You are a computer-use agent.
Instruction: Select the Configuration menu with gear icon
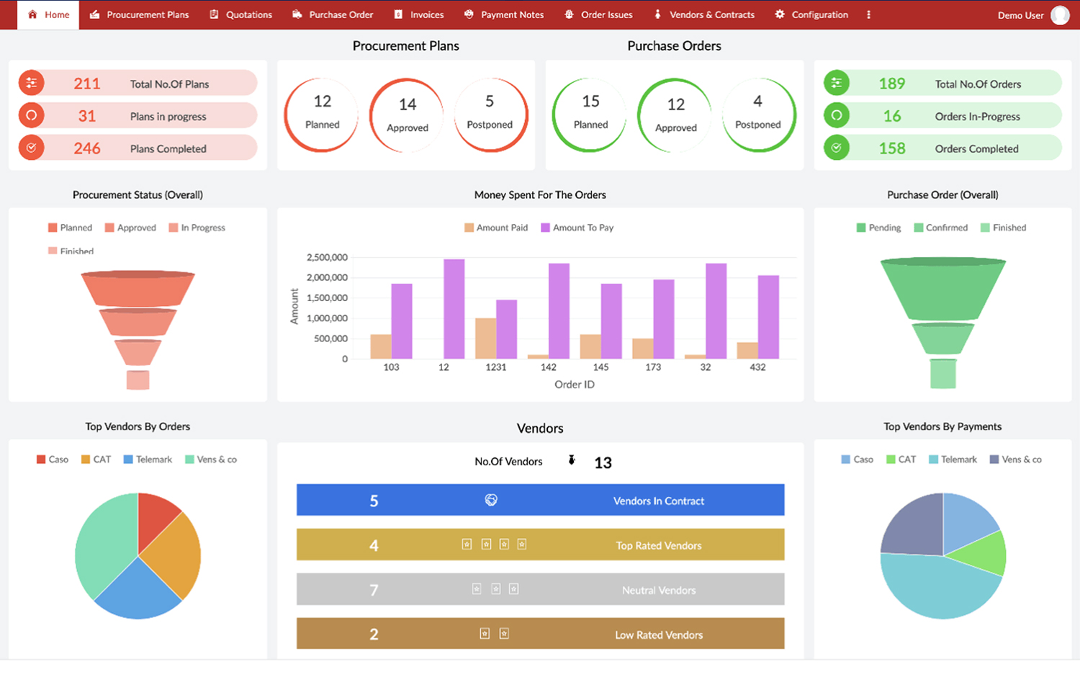[x=811, y=14]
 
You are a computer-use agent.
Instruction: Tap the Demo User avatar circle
[x=1060, y=15]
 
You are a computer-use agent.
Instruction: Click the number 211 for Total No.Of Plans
[x=86, y=84]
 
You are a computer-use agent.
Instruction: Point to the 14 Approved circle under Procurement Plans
[x=407, y=115]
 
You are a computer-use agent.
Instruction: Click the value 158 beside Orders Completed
[x=891, y=148]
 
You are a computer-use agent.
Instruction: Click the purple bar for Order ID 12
[x=454, y=309]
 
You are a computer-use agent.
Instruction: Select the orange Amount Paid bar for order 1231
[x=485, y=339]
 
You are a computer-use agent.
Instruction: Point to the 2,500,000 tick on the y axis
[x=327, y=257]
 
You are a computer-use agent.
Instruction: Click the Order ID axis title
[x=574, y=385]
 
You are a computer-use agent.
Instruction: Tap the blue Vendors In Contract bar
[x=540, y=500]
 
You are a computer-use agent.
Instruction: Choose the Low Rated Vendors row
[x=540, y=634]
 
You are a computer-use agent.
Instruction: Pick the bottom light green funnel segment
[x=942, y=374]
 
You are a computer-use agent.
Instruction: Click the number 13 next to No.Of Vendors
[x=603, y=463]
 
